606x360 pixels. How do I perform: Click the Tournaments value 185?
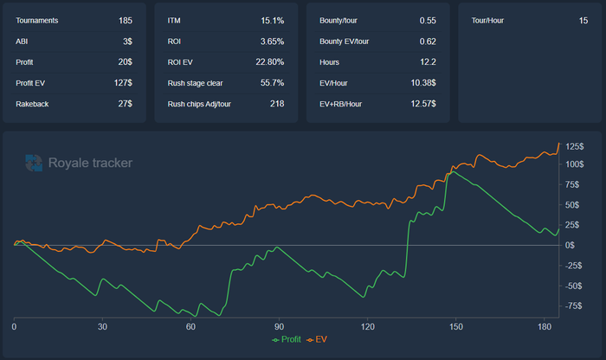[126, 19]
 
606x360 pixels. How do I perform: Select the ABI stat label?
[22, 41]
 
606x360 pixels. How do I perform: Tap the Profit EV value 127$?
[123, 83]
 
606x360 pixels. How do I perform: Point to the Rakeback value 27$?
[125, 104]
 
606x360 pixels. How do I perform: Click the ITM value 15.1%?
[272, 19]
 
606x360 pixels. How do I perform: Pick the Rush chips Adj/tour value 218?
[277, 104]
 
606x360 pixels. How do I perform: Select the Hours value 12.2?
[428, 61]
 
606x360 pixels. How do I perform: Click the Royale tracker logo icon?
[34, 162]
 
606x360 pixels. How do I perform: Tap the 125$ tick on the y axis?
[574, 145]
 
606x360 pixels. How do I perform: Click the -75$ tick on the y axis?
[574, 305]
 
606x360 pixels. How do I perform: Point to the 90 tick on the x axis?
[279, 326]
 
